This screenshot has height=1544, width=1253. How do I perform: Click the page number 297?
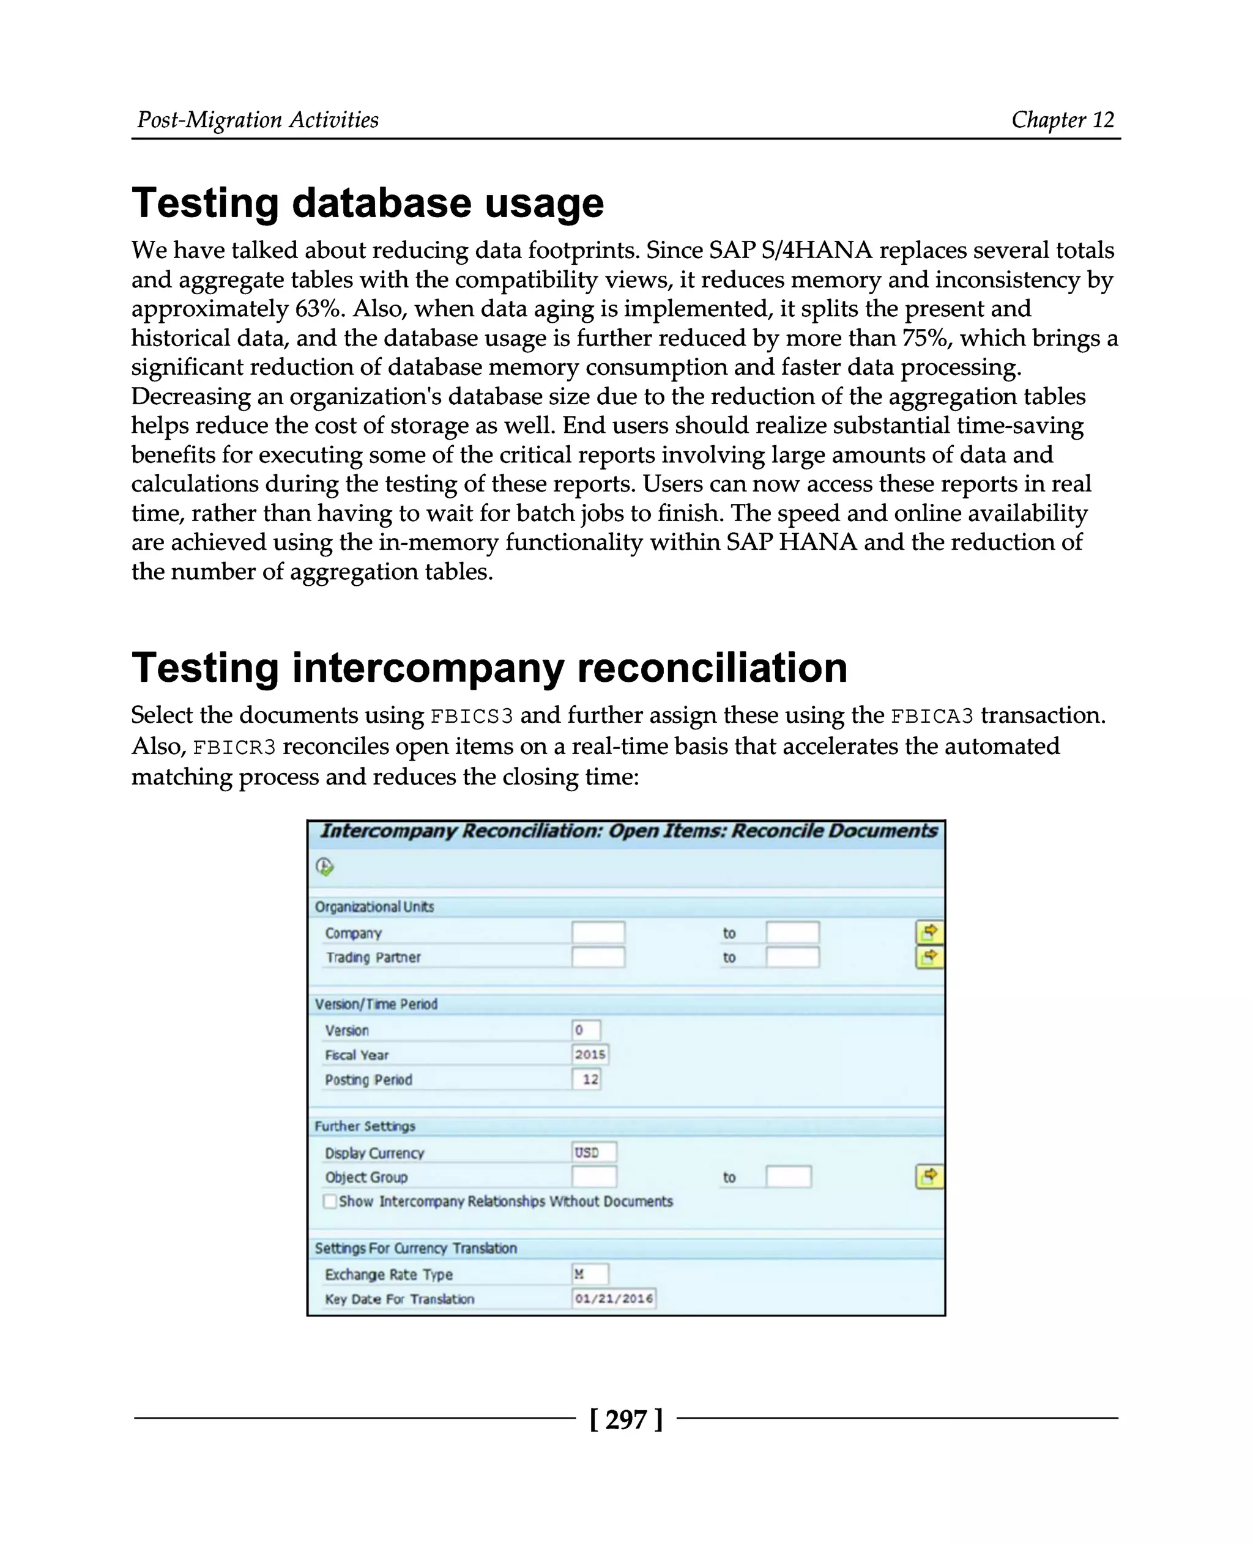(x=626, y=1419)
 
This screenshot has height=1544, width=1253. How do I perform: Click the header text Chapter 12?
(x=1063, y=119)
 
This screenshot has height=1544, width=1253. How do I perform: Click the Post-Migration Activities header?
(x=258, y=119)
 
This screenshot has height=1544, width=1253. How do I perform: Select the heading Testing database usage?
(x=367, y=203)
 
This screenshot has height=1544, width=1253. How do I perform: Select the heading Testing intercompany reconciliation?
(x=489, y=667)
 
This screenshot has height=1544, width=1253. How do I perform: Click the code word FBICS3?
(x=471, y=717)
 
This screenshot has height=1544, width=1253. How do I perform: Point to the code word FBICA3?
(x=932, y=717)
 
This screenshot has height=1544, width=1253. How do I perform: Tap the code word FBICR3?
(x=234, y=747)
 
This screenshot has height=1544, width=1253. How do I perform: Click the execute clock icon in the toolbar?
(x=325, y=866)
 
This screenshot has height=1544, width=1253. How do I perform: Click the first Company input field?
(x=598, y=932)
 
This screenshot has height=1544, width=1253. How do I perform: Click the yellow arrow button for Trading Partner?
(x=929, y=958)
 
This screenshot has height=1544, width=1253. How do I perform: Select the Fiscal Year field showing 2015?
(x=590, y=1054)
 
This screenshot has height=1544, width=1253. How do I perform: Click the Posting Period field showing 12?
(x=587, y=1079)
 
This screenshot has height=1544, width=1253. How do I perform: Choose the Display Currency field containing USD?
(x=594, y=1152)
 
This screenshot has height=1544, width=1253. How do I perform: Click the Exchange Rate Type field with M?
(x=590, y=1274)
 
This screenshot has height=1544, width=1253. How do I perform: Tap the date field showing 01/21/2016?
(x=614, y=1299)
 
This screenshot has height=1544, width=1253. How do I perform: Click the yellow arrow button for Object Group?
(x=929, y=1176)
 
